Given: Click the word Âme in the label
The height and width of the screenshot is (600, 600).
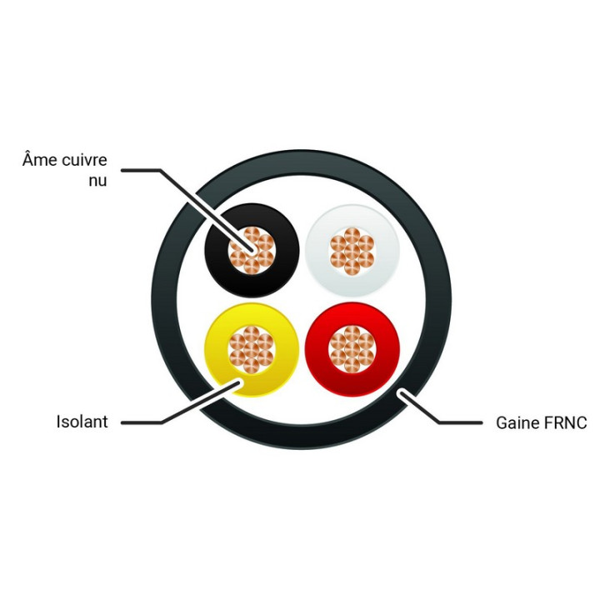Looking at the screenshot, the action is tap(39, 159).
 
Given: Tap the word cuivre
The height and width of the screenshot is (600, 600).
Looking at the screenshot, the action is tap(84, 160).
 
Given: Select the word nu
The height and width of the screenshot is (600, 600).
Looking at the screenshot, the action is tap(97, 181).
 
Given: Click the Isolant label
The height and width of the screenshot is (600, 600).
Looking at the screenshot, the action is tap(82, 422).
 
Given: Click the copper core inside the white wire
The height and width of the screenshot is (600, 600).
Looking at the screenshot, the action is tap(352, 251).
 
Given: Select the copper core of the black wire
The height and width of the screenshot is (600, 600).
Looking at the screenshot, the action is tap(252, 251).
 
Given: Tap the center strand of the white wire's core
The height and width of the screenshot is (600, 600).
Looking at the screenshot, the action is tap(352, 251).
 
